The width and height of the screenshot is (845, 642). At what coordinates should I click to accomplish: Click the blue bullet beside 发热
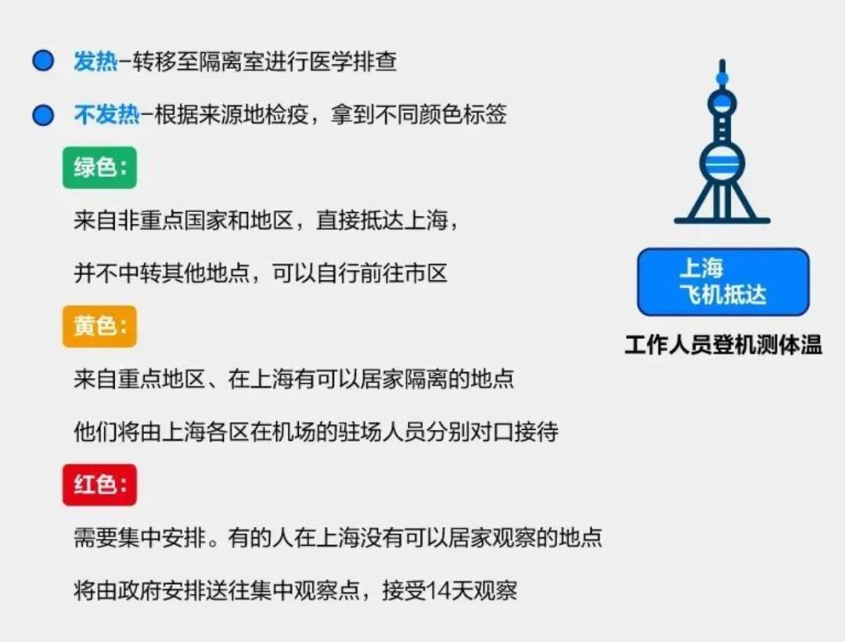[x=43, y=61]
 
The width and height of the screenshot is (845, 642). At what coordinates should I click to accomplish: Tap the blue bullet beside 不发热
[x=43, y=116]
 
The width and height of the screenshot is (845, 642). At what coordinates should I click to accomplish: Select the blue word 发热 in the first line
[x=95, y=61]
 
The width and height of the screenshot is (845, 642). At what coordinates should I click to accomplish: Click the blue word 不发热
[x=106, y=115]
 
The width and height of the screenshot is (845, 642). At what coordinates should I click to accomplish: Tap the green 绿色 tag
[x=99, y=167]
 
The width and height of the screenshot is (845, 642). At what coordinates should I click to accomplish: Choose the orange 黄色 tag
[x=99, y=326]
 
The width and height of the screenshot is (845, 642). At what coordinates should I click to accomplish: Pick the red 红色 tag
[x=99, y=485]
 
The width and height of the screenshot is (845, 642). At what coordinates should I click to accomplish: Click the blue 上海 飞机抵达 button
[x=722, y=282]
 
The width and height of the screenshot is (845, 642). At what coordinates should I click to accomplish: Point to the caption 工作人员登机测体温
[x=723, y=344]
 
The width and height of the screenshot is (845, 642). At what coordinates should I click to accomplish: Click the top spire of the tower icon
[x=722, y=69]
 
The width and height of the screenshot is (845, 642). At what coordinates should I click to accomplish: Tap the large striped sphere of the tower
[x=722, y=163]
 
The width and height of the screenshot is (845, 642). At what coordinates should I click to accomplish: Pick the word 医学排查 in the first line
[x=353, y=61]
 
